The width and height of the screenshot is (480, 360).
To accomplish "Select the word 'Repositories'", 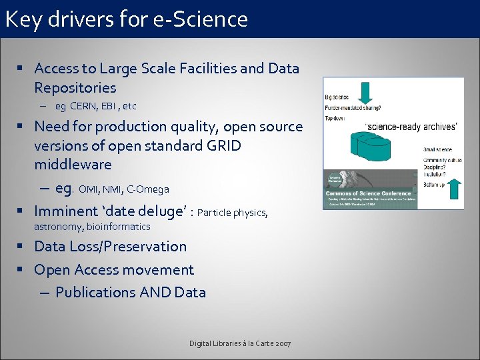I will (75, 87).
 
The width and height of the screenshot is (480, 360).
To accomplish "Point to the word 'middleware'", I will (73, 164).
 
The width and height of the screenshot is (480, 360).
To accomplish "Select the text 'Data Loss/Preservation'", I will (110, 246).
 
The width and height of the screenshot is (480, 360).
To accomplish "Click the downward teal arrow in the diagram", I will (365, 91).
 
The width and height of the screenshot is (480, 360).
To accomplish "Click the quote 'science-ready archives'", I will (411, 127).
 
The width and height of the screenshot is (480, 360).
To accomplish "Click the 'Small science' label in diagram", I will (437, 149).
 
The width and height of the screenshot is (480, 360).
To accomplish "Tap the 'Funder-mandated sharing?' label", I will (353, 107).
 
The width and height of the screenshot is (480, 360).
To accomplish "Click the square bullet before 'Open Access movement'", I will (22, 270).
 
